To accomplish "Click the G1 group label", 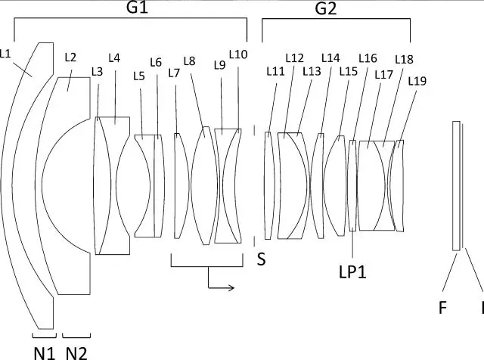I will click(x=135, y=10).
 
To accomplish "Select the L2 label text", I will click(x=70, y=57).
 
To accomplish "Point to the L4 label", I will click(x=114, y=57).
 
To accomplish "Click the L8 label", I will click(x=189, y=61).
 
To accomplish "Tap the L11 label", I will click(x=276, y=70).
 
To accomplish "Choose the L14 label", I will click(x=330, y=57).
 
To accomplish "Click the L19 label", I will click(x=417, y=80).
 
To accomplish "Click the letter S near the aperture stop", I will click(x=261, y=259).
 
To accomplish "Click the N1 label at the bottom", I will click(x=43, y=350).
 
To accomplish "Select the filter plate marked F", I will click(x=455, y=185).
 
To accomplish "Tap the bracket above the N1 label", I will click(x=43, y=334).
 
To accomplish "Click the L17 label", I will click(x=383, y=74).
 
